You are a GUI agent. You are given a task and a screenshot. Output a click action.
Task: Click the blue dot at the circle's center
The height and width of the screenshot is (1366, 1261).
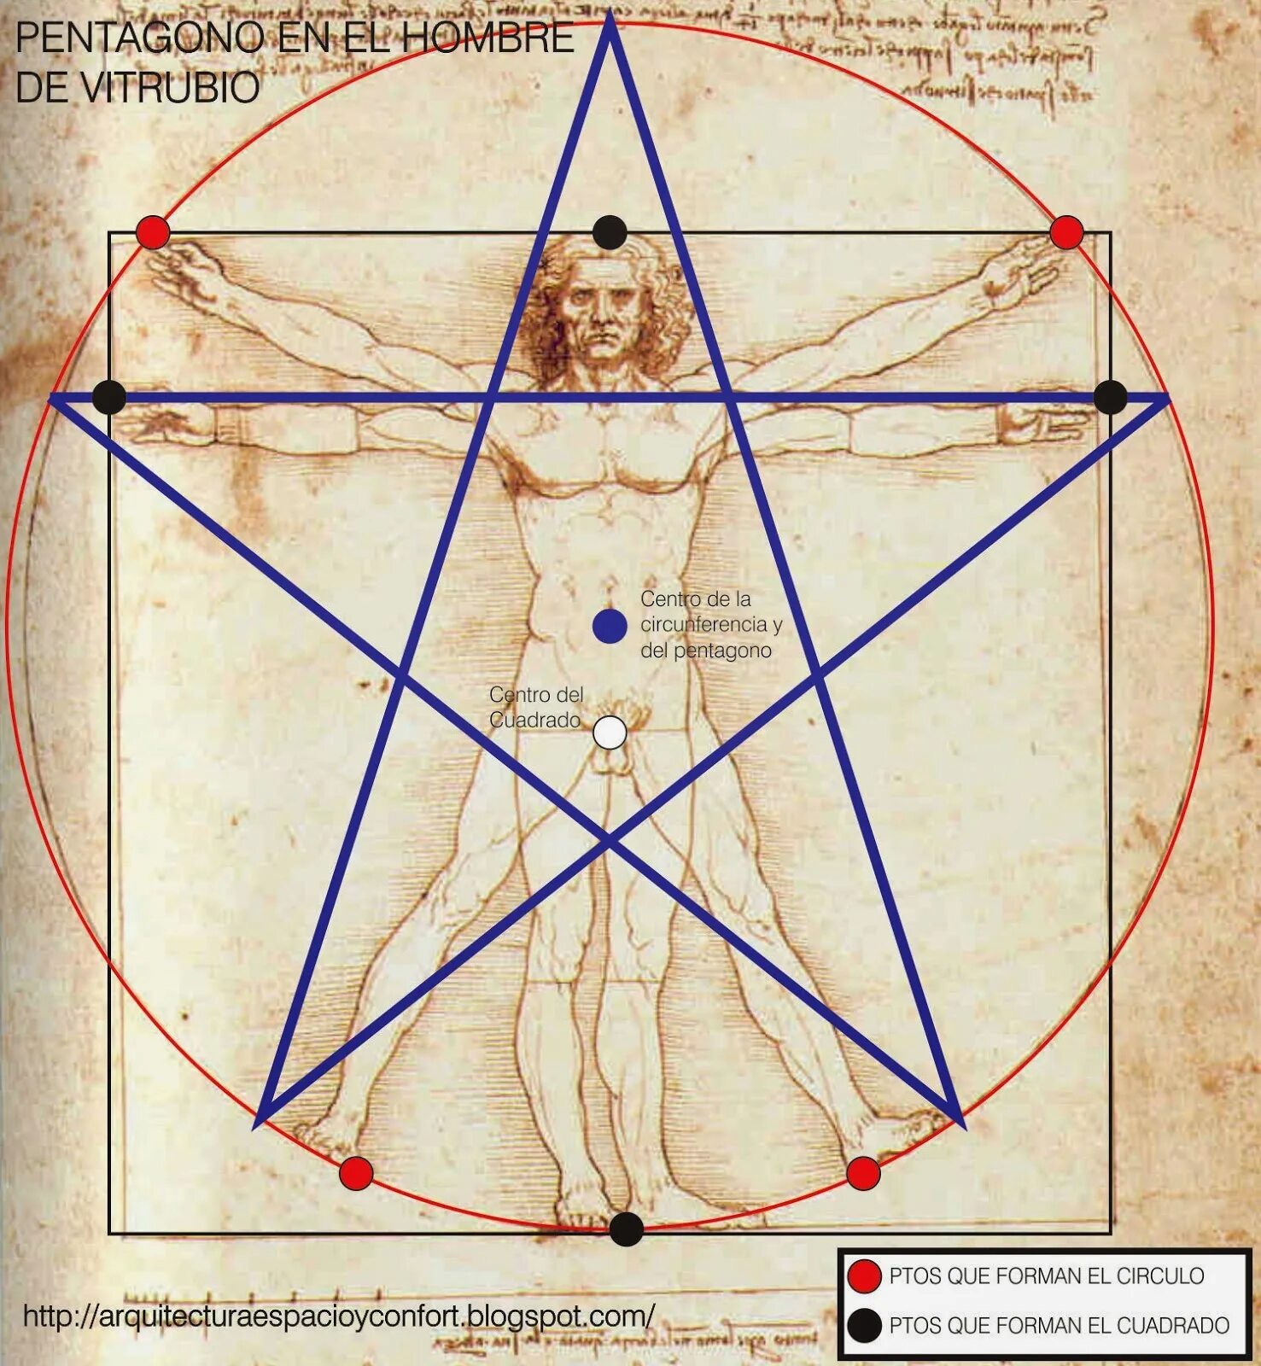click(x=610, y=626)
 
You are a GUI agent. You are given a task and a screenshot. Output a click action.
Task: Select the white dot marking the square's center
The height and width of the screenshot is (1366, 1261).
click(x=610, y=733)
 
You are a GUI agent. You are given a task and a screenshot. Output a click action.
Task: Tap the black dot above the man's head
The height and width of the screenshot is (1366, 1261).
click(x=610, y=232)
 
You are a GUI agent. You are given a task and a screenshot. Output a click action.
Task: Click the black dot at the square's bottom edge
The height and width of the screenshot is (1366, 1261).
click(x=626, y=1229)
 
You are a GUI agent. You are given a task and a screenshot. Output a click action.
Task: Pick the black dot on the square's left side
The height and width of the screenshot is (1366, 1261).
click(x=109, y=397)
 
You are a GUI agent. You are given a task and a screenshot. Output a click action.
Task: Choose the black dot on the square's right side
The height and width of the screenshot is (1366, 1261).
click(x=1110, y=397)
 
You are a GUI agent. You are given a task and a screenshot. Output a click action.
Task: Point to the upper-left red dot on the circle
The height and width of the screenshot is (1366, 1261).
click(x=153, y=232)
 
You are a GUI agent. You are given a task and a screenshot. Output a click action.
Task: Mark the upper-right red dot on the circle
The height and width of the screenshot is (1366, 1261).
click(x=1066, y=232)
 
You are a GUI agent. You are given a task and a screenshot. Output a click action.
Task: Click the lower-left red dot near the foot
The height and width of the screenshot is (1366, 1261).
click(x=356, y=1173)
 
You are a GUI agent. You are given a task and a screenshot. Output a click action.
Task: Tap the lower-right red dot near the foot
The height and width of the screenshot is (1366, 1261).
click(x=863, y=1173)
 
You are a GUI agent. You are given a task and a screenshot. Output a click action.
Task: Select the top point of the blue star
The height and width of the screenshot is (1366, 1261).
click(x=610, y=19)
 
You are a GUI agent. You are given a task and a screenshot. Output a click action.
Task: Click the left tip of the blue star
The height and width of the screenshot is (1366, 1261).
click(x=53, y=397)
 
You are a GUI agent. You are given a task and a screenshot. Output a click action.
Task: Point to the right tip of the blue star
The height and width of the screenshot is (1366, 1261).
click(x=1165, y=397)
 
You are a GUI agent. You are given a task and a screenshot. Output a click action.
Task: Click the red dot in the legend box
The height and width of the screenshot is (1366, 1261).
click(x=864, y=1276)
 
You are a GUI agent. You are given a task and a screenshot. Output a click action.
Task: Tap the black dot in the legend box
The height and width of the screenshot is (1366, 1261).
click(x=864, y=1325)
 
